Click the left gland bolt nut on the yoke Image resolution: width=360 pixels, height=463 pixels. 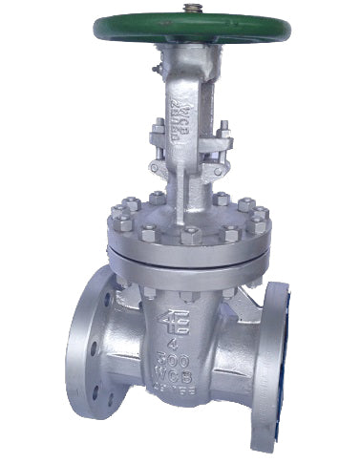coord(156,127)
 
